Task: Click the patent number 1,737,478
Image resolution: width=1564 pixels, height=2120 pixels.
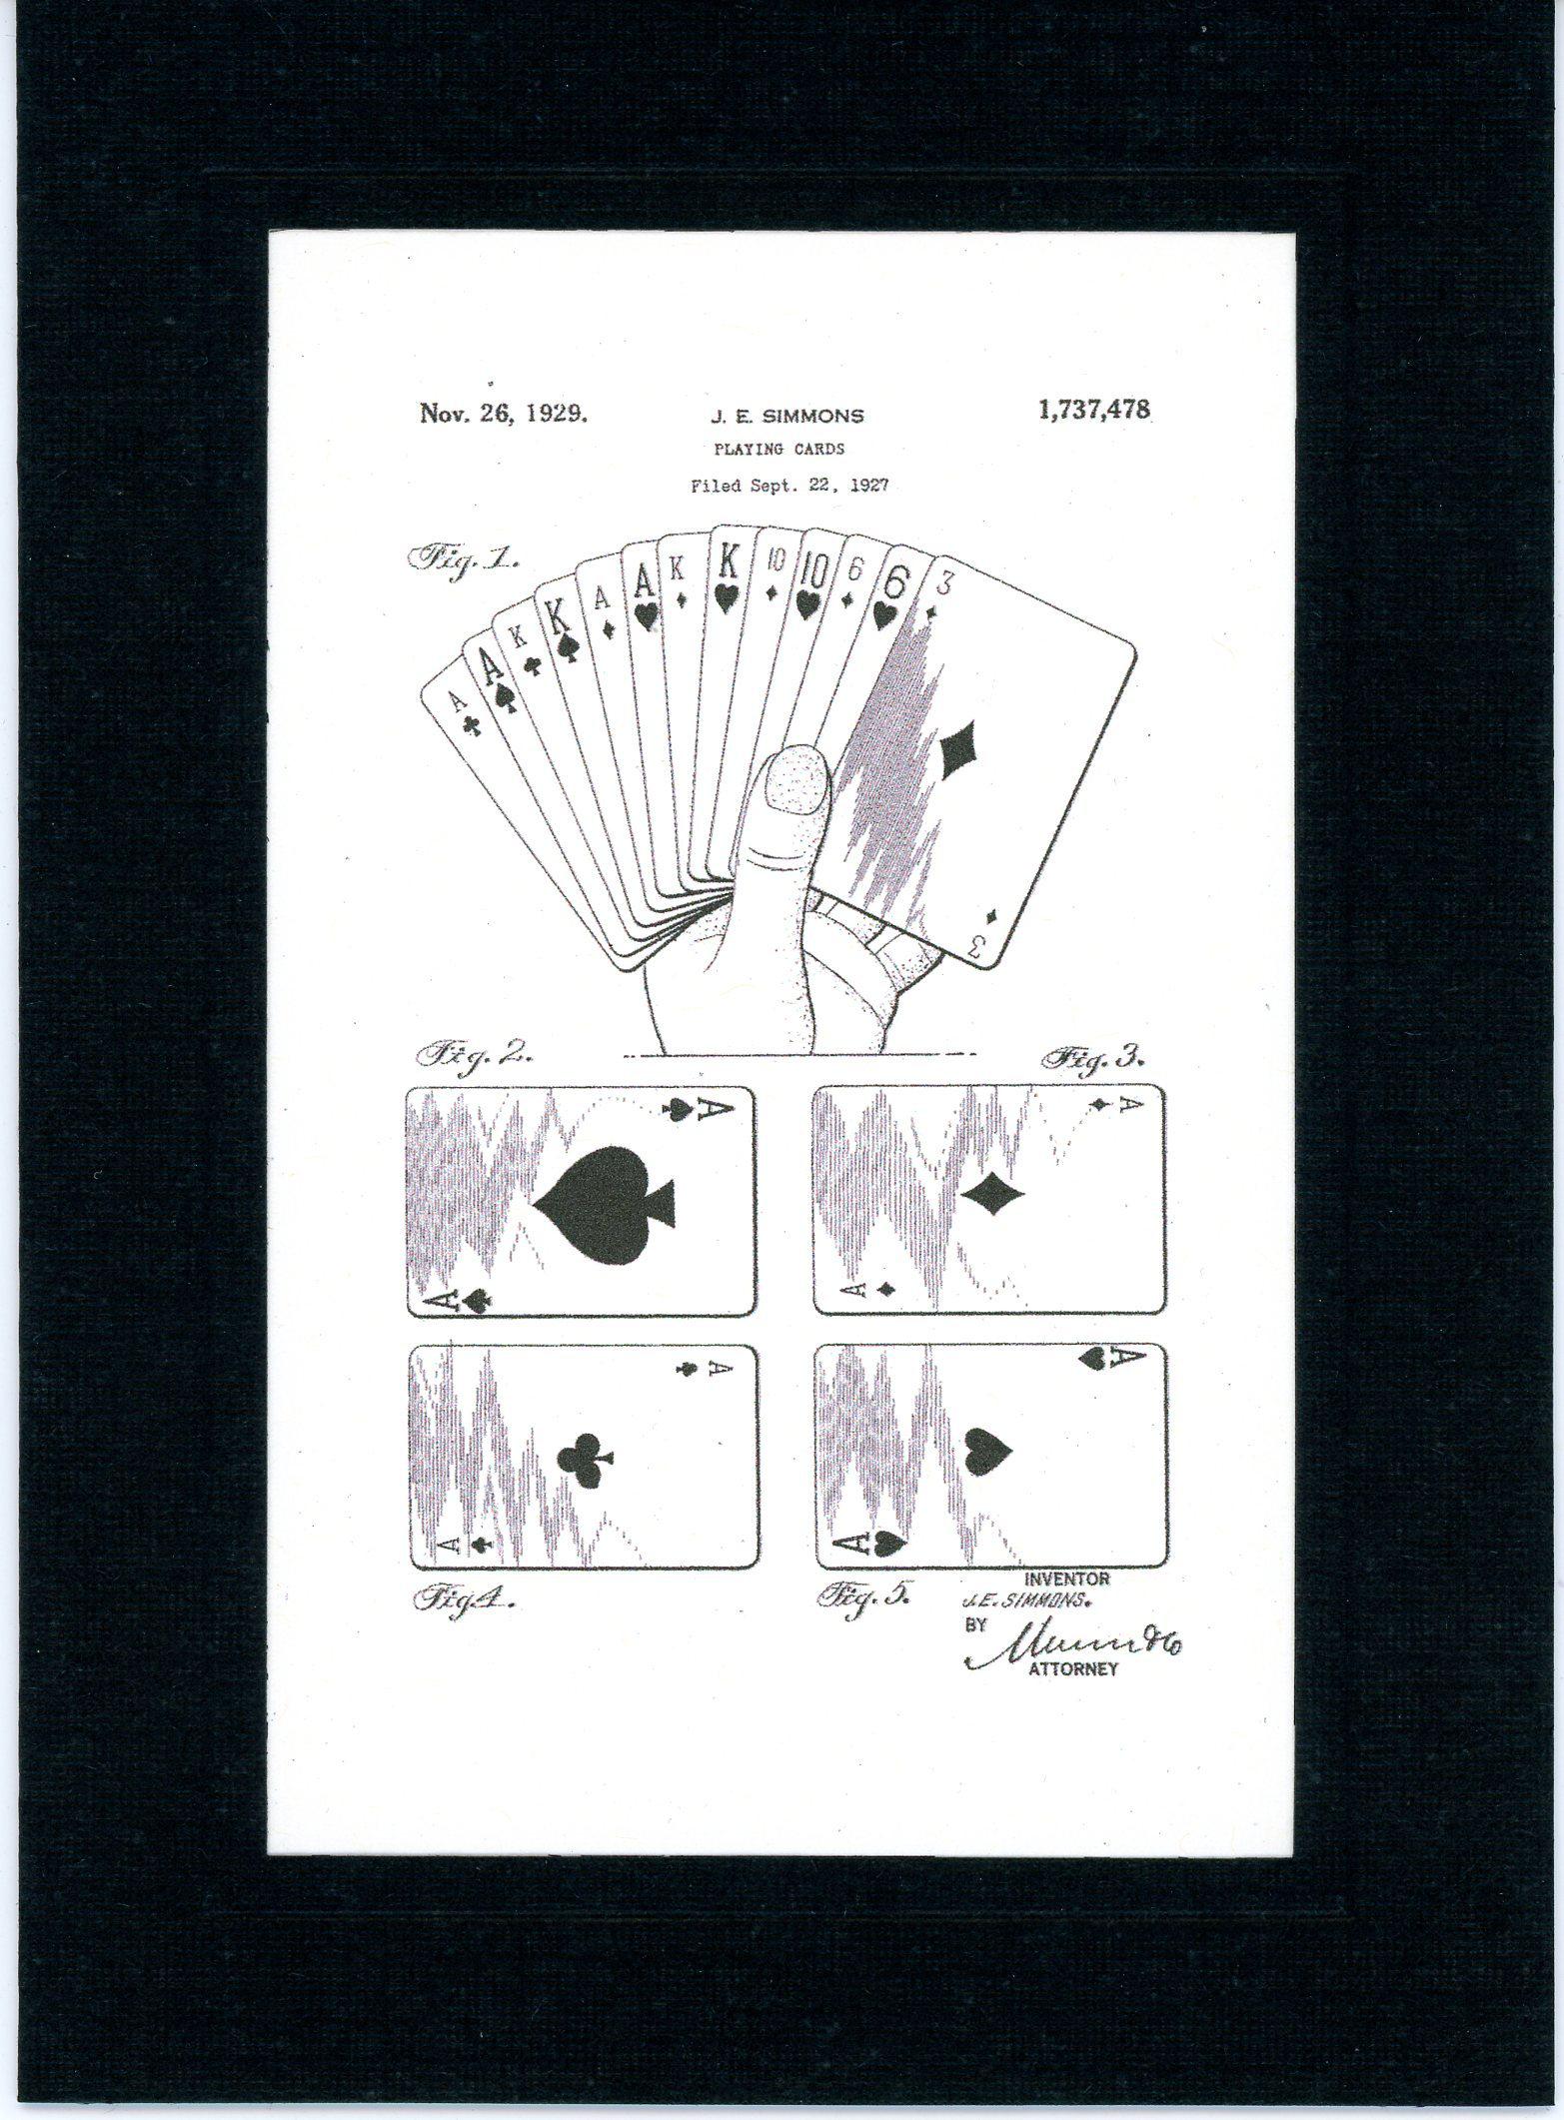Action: click(x=1094, y=410)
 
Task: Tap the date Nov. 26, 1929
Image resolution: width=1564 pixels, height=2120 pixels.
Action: click(x=503, y=412)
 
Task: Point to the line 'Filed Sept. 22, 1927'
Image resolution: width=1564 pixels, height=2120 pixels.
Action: click(x=788, y=487)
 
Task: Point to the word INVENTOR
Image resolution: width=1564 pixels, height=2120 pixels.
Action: click(x=1066, y=1580)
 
